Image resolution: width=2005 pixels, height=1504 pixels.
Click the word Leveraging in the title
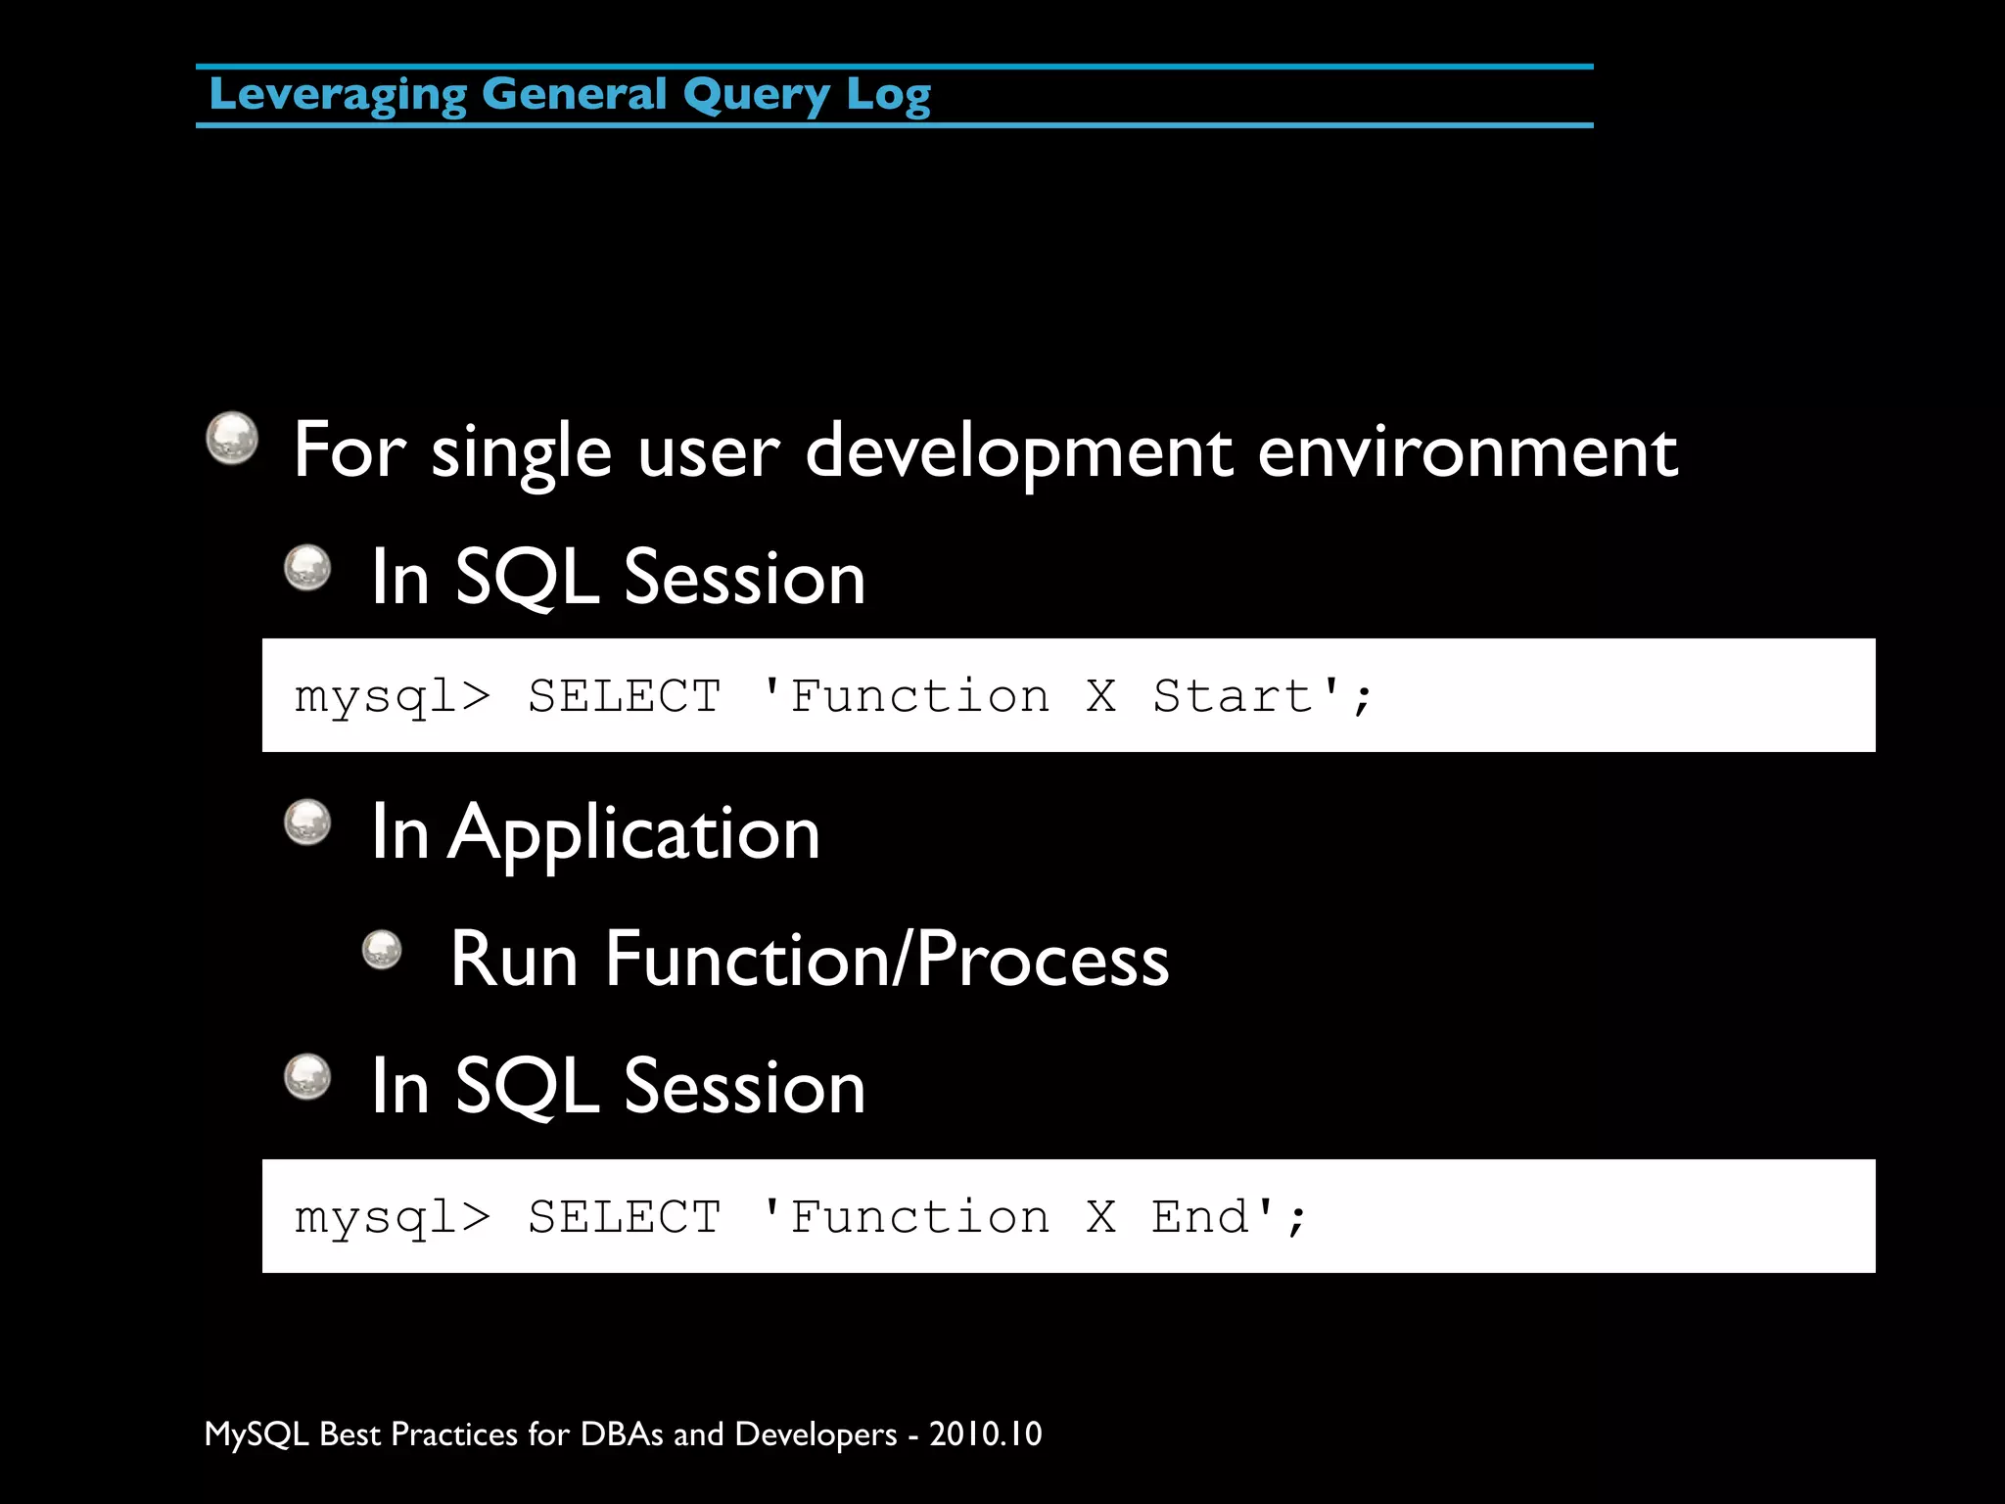pyautogui.click(x=338, y=96)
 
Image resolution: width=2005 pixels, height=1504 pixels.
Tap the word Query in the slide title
pyautogui.click(x=757, y=96)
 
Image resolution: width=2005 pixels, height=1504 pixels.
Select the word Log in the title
pyautogui.click(x=888, y=96)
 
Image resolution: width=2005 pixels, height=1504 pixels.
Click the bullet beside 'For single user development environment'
pyautogui.click(x=232, y=438)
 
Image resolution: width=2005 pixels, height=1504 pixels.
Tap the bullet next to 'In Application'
pyautogui.click(x=307, y=822)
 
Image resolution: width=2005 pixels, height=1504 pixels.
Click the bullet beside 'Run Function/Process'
pyautogui.click(x=382, y=949)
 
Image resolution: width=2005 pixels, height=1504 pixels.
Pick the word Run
pyautogui.click(x=514, y=960)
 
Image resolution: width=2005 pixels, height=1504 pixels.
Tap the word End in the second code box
pyautogui.click(x=1200, y=1217)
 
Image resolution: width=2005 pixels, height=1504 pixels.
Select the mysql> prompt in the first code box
pyautogui.click(x=392, y=697)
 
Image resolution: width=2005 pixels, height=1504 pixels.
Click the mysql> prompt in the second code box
pyautogui.click(x=392, y=1218)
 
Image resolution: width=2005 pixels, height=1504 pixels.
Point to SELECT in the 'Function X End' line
pyautogui.click(x=625, y=1217)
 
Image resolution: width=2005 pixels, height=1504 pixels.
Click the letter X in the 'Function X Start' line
pyautogui.click(x=1101, y=696)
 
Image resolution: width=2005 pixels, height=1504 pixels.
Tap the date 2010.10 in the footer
pyautogui.click(x=985, y=1433)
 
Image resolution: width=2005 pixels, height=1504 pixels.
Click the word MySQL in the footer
pyautogui.click(x=256, y=1434)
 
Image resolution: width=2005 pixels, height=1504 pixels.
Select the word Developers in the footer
pyautogui.click(x=816, y=1434)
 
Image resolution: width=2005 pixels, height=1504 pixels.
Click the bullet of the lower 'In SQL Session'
pyautogui.click(x=307, y=1076)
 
